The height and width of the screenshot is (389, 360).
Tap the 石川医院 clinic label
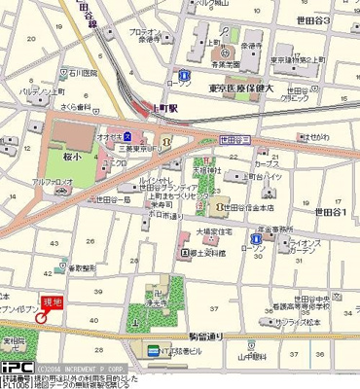tap(44, 71)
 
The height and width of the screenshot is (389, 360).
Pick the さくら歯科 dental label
tap(47, 106)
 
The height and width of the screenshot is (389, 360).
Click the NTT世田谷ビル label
tap(185, 351)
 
